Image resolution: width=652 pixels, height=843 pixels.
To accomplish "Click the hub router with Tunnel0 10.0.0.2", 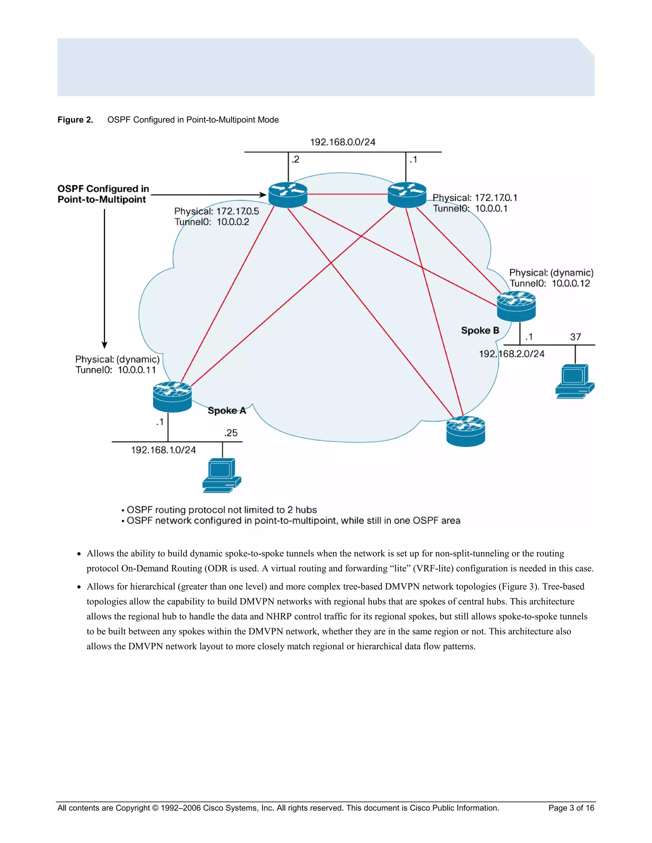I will pos(288,195).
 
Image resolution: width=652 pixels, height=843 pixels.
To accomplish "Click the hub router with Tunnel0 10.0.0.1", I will pos(407,195).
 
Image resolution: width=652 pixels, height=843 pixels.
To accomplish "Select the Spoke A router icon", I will pos(172,397).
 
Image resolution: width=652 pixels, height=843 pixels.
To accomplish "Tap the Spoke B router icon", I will pos(516,306).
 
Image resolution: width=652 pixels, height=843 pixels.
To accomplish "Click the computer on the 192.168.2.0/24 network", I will pos(574,381).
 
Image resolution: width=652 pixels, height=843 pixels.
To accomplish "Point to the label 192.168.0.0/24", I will pos(343,142).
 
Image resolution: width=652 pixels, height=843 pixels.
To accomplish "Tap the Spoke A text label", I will pos(227,411).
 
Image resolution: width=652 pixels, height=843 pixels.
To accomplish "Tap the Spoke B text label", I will pos(480,331).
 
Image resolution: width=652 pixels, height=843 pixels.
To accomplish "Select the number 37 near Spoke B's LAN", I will pos(575,337).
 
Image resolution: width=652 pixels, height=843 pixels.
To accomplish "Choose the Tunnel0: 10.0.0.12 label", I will pos(549,284).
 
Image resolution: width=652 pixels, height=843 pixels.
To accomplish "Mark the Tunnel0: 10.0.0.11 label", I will pos(116,370).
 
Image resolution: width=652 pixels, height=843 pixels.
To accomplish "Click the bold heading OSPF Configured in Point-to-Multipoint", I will pos(103,194).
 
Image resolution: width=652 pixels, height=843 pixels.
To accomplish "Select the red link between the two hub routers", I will pos(347,194).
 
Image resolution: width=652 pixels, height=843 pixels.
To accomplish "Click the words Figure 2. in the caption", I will pos(75,120).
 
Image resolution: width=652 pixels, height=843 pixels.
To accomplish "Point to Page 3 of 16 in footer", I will pos(571,808).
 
